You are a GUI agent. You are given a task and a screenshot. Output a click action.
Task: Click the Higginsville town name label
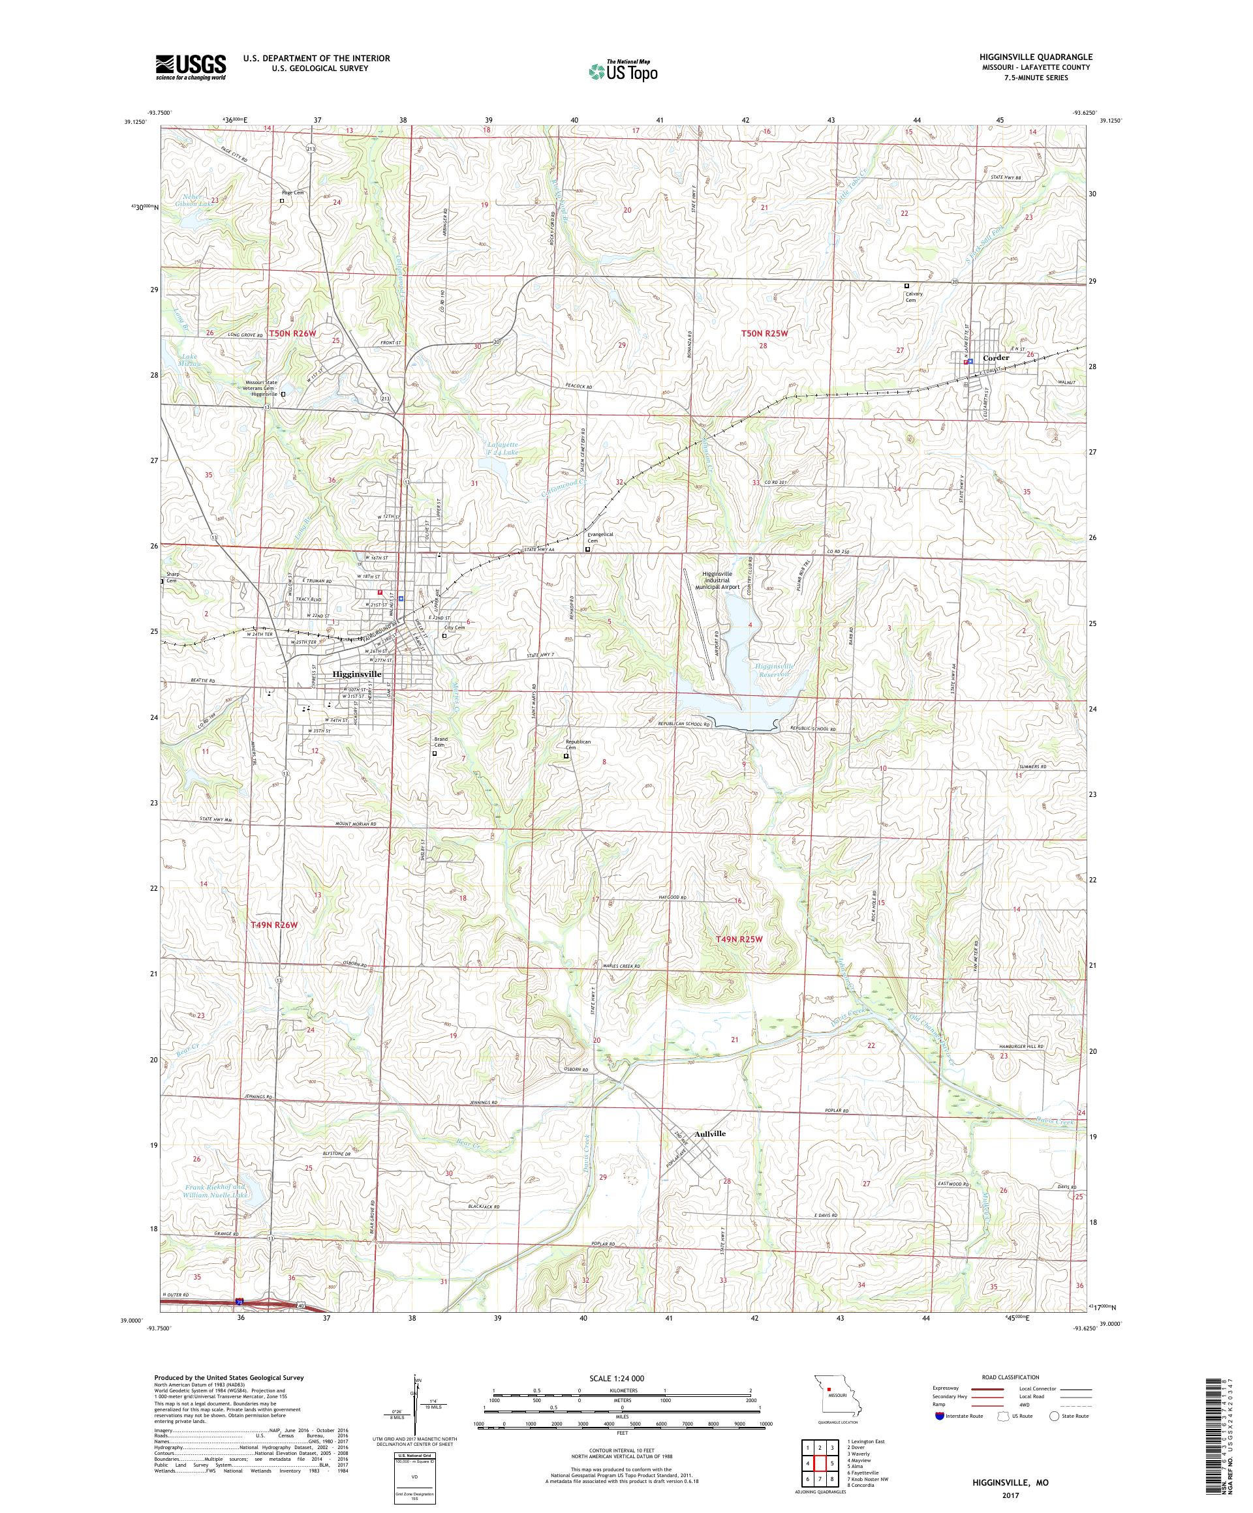(357, 674)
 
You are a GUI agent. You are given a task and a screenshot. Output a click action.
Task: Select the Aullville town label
(709, 1133)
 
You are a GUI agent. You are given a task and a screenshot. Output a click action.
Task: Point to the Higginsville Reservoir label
(774, 671)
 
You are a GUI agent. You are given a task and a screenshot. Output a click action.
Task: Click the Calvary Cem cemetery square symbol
(907, 286)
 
